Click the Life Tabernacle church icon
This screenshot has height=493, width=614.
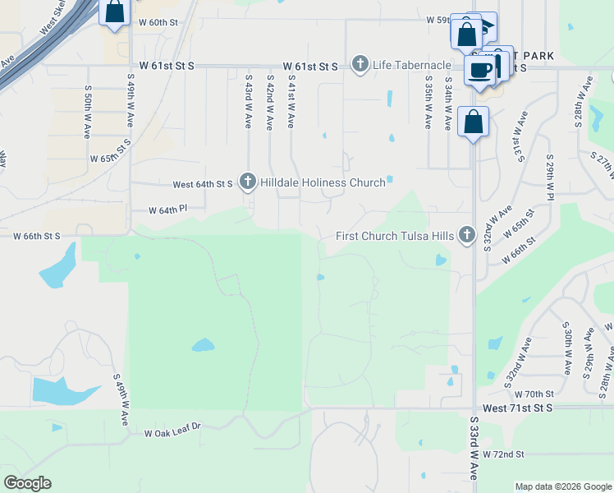click(x=360, y=64)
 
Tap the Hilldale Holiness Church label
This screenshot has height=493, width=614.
click(x=323, y=182)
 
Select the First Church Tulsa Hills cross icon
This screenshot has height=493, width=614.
click(x=467, y=236)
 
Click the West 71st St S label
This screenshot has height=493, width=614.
click(x=518, y=408)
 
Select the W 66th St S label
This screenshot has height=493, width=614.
click(x=37, y=236)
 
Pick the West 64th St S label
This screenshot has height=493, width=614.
click(x=203, y=184)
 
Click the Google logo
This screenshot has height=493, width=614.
click(x=27, y=483)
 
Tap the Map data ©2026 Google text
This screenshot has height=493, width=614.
click(x=563, y=486)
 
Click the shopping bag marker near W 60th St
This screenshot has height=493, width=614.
click(x=115, y=12)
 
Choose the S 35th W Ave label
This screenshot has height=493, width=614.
click(x=428, y=103)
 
